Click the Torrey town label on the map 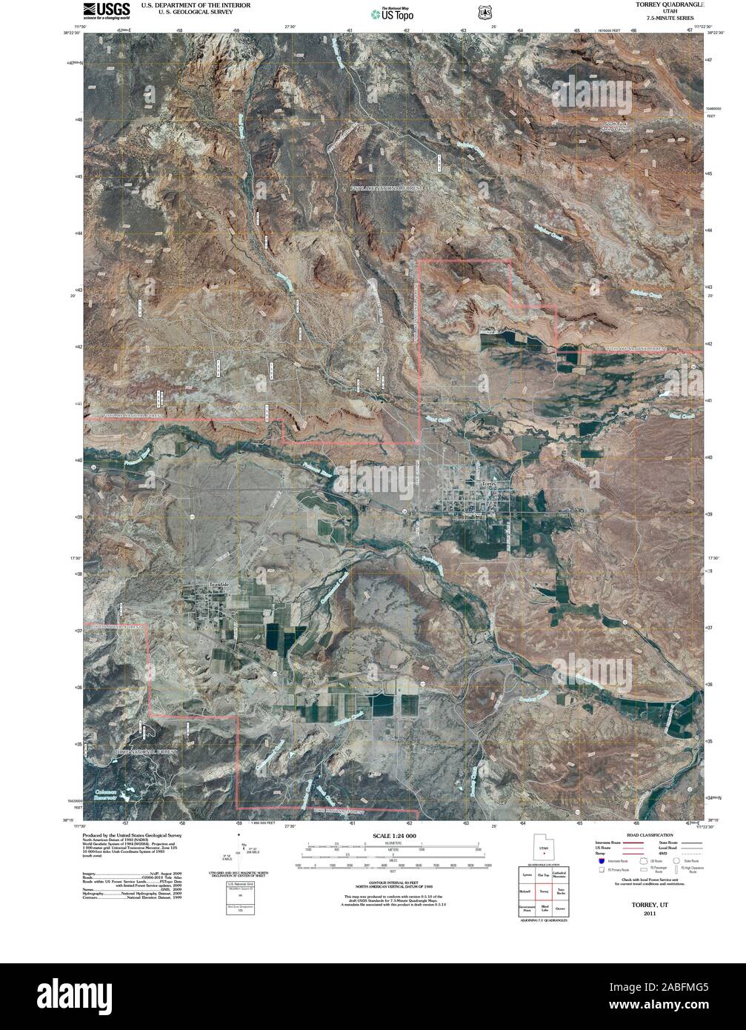pyautogui.click(x=489, y=482)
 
